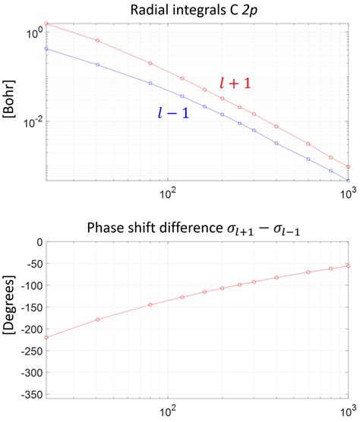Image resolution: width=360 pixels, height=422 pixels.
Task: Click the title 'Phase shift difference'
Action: click(197, 225)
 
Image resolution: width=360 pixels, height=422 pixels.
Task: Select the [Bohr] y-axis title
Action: click(11, 101)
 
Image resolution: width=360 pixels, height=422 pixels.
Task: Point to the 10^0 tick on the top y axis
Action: click(32, 34)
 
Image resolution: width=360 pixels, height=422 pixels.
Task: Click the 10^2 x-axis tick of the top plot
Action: click(167, 193)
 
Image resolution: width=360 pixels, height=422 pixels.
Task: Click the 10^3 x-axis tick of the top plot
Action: click(346, 193)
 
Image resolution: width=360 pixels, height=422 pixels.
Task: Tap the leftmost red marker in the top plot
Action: click(47, 24)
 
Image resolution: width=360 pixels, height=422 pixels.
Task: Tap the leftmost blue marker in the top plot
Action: click(47, 49)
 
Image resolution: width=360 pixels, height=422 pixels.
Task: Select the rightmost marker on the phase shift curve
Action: click(348, 266)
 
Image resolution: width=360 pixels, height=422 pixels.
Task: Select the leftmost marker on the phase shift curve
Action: click(47, 338)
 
